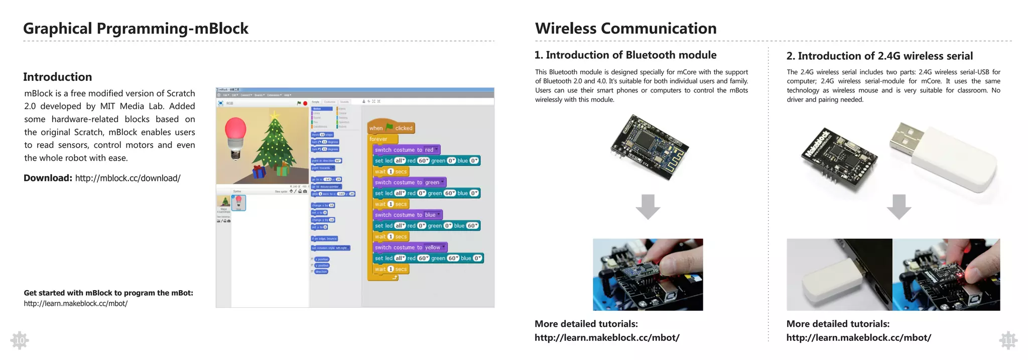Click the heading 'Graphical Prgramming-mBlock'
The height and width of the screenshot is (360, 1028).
(x=136, y=29)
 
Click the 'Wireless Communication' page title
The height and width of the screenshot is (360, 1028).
(x=625, y=29)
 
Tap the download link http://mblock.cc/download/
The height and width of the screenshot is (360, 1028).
(x=127, y=178)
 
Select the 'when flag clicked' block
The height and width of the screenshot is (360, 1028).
(x=391, y=128)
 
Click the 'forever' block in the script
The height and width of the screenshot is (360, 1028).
(x=379, y=139)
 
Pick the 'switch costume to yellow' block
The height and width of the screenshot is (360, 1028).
(x=409, y=248)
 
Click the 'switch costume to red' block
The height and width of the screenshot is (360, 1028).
(x=406, y=150)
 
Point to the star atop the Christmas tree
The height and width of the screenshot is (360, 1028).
(x=275, y=116)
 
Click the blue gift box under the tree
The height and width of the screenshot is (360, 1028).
(x=259, y=172)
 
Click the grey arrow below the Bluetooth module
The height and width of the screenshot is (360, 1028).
(x=648, y=206)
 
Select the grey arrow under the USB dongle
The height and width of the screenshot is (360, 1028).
(x=898, y=206)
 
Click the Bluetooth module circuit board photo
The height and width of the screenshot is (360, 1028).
(x=649, y=141)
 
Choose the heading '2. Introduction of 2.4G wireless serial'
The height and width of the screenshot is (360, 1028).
(x=879, y=56)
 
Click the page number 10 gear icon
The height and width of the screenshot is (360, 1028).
(x=20, y=340)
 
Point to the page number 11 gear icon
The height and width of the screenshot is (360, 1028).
(x=1008, y=341)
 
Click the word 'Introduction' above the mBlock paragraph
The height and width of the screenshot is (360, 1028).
(x=58, y=77)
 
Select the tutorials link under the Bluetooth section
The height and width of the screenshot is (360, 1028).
(x=607, y=337)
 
